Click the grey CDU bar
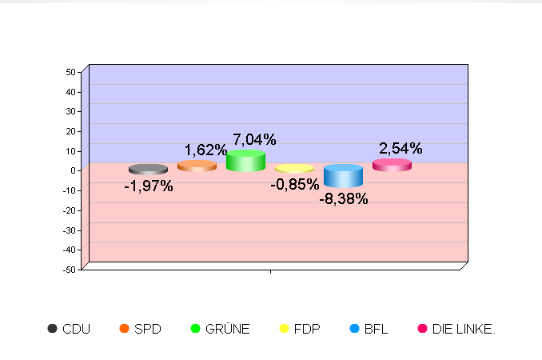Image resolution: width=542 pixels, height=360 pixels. [x=148, y=170]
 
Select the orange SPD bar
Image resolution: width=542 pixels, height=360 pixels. [x=197, y=166]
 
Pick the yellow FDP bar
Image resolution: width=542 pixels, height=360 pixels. [x=294, y=169]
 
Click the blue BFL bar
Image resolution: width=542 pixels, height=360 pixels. [x=343, y=175]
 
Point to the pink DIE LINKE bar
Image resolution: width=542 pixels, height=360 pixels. [x=392, y=165]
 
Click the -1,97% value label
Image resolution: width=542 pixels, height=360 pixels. [x=148, y=186]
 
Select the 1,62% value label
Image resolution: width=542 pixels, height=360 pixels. [x=205, y=150]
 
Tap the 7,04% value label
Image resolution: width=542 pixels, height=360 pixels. [x=254, y=140]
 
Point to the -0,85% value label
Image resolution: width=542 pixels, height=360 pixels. [x=294, y=185]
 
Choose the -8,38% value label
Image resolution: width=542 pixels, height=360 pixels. [x=344, y=199]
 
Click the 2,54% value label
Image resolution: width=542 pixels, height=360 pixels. [x=401, y=148]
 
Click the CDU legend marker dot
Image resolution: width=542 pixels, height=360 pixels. [x=53, y=328]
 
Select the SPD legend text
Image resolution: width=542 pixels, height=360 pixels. [x=147, y=329]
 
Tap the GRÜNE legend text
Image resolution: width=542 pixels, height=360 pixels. [x=228, y=329]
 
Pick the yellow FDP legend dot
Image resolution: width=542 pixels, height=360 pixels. [x=284, y=328]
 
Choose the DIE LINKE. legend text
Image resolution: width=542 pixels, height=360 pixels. [x=464, y=329]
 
